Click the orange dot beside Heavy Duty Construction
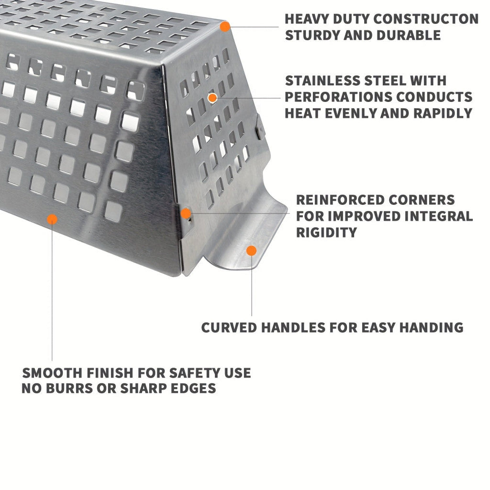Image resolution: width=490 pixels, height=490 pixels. point(225,27)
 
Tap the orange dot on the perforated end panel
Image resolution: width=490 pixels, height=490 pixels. point(212,98)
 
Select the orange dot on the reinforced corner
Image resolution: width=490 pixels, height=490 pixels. point(186,213)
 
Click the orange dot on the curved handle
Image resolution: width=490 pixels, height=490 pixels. point(251,250)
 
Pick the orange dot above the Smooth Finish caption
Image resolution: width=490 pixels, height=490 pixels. point(52,219)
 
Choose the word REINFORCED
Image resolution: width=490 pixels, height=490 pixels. point(341,200)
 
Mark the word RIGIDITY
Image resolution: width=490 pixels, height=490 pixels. point(326,233)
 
